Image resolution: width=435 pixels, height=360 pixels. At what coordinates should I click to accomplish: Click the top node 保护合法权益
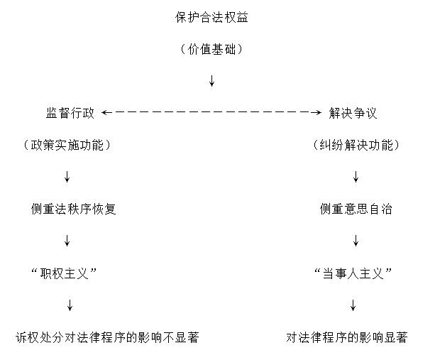click(211, 18)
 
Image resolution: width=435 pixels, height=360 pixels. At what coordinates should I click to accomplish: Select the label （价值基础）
click(211, 50)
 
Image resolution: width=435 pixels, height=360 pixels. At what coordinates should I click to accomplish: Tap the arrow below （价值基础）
click(211, 80)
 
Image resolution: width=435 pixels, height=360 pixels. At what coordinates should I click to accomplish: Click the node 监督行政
click(70, 113)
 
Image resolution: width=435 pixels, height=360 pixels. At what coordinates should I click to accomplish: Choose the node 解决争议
click(353, 113)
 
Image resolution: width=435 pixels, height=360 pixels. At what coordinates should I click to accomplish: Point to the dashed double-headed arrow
click(211, 112)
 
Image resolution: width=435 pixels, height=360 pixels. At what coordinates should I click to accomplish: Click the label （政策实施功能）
click(67, 145)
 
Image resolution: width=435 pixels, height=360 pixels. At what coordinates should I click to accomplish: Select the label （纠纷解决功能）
click(356, 145)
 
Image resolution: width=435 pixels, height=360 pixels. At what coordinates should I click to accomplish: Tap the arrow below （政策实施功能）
click(67, 177)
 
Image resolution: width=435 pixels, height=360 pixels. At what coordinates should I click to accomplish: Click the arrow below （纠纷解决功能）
click(356, 177)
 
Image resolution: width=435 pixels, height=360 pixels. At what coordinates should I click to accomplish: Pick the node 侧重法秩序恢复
click(73, 209)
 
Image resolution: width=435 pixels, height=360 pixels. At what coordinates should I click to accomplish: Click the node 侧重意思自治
click(356, 209)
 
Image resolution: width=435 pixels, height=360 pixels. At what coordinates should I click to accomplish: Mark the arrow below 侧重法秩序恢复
click(67, 241)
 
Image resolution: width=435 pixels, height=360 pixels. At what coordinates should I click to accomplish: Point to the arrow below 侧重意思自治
click(356, 241)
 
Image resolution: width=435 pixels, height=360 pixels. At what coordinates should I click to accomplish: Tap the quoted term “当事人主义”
click(353, 273)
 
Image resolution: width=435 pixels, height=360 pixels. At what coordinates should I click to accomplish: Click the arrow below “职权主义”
click(70, 305)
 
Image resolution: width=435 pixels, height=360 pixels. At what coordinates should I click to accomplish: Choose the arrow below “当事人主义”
click(353, 305)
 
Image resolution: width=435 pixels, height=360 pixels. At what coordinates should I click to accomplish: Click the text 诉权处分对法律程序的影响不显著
click(107, 337)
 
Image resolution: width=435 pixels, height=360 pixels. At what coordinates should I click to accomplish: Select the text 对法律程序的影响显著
click(346, 337)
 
